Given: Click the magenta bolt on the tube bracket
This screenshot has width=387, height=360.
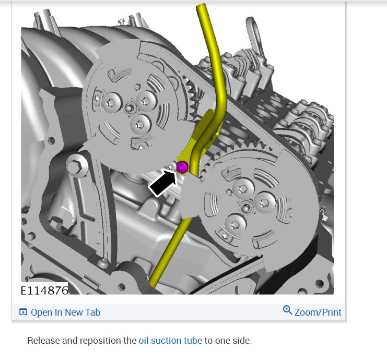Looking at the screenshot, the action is [182, 167].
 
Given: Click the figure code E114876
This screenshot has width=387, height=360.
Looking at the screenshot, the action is [44, 291].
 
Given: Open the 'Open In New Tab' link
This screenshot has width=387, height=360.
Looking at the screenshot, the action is [65, 313].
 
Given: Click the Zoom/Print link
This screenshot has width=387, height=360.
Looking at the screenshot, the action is [318, 313].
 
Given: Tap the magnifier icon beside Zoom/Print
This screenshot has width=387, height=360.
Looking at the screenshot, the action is [288, 310].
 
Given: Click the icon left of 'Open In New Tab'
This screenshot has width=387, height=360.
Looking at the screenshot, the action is [23, 312].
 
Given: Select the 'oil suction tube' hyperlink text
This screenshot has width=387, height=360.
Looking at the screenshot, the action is [170, 341].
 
